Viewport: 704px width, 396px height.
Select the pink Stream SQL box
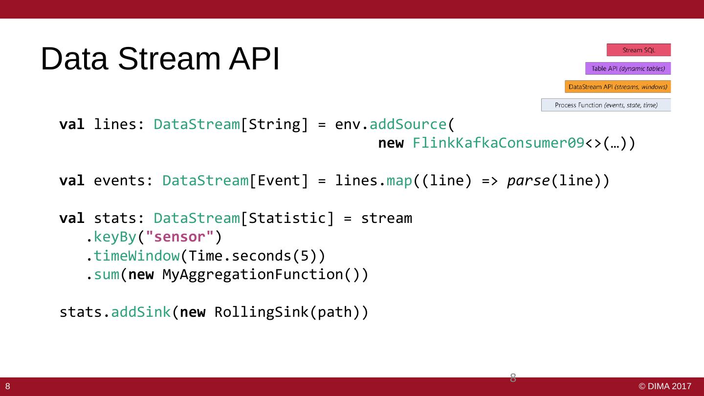click(638, 50)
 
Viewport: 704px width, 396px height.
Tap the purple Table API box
click(628, 68)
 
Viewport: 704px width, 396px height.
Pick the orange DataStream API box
click(617, 87)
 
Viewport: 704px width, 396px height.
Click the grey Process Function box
click(606, 105)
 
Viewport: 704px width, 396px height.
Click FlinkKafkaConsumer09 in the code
click(499, 143)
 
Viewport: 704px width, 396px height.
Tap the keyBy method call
click(115, 237)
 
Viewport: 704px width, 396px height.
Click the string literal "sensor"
click(180, 237)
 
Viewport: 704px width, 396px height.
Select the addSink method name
click(141, 312)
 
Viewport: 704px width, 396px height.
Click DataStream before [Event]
click(205, 181)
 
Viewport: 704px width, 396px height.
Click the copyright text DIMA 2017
click(665, 387)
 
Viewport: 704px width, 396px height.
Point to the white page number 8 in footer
click(8, 387)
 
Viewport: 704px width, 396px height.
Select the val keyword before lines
click(71, 125)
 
